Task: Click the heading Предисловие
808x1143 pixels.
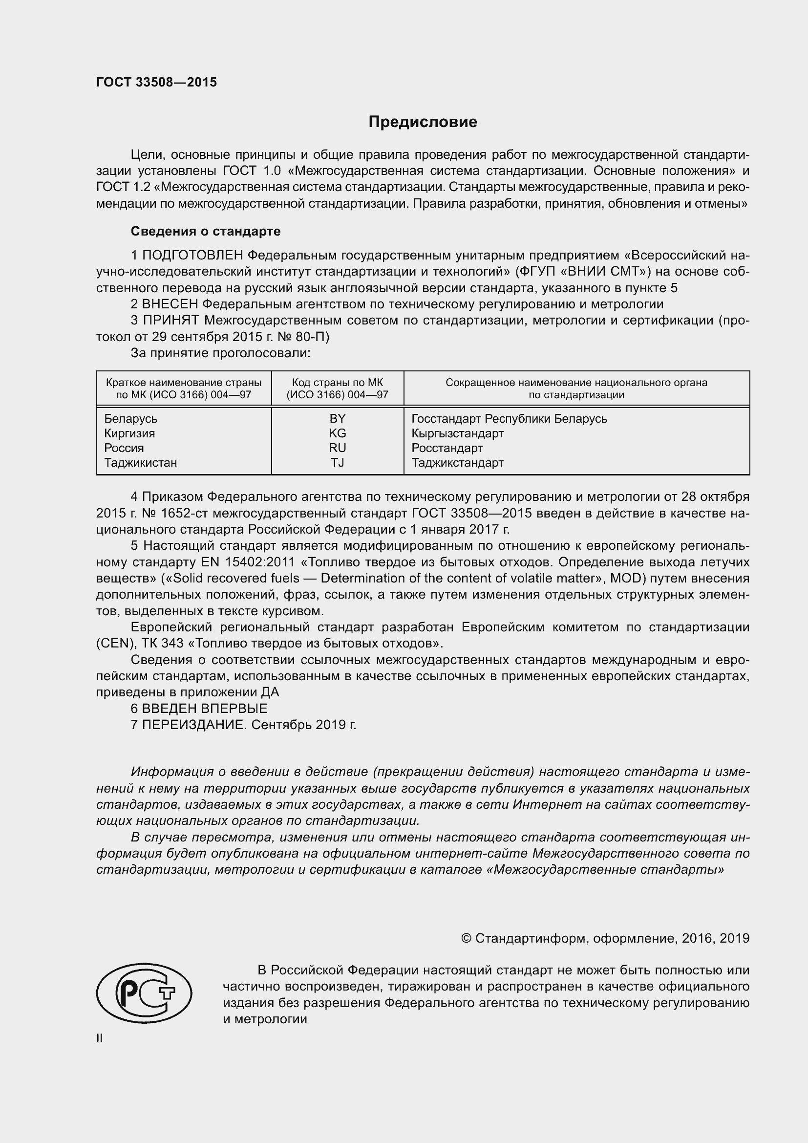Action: tap(423, 122)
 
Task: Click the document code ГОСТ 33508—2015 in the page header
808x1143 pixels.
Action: tap(156, 82)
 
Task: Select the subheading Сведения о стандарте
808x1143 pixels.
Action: tap(206, 231)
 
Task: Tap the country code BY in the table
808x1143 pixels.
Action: tap(338, 418)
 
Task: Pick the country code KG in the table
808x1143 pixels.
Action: tap(338, 433)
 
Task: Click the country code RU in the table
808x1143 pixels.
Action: tap(338, 448)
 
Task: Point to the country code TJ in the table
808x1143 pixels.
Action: tap(338, 462)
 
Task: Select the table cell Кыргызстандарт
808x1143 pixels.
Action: tap(457, 433)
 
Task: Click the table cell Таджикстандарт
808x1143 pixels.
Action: tap(457, 462)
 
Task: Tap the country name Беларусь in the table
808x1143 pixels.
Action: tap(130, 419)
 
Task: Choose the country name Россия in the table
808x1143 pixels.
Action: tap(124, 448)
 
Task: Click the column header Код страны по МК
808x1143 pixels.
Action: tap(338, 382)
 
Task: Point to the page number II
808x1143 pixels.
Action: tap(100, 1038)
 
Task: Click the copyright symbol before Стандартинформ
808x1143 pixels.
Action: tap(466, 938)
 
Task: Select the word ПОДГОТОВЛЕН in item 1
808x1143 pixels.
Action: tap(192, 256)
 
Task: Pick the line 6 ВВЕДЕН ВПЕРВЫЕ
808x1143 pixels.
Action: tap(199, 709)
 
